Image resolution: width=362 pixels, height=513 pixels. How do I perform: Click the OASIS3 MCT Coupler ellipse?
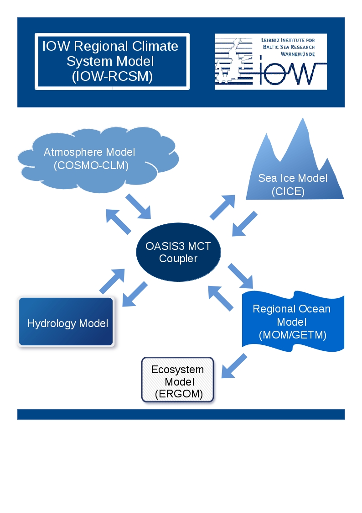tap(178, 252)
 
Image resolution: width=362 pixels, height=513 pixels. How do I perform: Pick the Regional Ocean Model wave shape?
tap(292, 322)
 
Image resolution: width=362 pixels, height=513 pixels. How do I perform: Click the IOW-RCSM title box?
tap(112, 61)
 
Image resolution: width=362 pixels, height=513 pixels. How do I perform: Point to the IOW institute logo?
tap(270, 61)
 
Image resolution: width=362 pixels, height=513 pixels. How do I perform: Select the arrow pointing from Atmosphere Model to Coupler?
tap(138, 206)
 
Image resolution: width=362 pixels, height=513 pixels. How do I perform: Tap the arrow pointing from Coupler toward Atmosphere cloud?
tap(119, 222)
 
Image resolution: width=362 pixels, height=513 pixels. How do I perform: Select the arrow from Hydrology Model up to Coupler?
tap(112, 280)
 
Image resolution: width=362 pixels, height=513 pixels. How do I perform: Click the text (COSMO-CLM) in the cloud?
tap(91, 165)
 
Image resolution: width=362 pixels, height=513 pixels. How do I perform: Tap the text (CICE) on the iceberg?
tap(288, 191)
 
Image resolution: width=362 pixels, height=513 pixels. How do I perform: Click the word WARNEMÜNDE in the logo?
tap(295, 54)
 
